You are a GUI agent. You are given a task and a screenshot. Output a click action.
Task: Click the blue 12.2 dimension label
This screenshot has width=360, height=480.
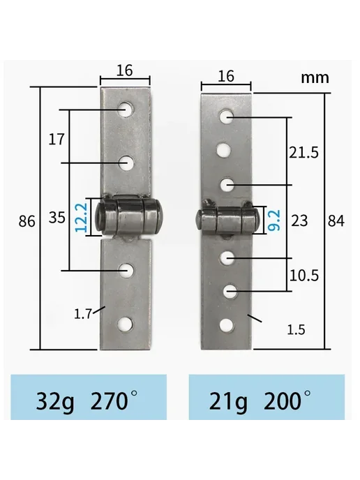coord(82,218)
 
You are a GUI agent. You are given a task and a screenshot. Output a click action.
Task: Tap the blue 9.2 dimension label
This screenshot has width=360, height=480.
coord(273,220)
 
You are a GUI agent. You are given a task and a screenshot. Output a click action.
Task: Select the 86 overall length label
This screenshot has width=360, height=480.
coord(27,221)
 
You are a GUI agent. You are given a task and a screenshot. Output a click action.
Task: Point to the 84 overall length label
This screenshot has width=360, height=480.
coord(336,220)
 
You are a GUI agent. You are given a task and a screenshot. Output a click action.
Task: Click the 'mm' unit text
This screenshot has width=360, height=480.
coord(315,77)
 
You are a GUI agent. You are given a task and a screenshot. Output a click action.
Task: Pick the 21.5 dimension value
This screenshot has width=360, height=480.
coord(304,152)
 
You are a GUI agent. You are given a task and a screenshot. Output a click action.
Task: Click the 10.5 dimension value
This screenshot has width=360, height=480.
coord(304,276)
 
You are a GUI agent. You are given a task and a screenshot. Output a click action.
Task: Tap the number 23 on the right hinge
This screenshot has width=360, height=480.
coord(299,220)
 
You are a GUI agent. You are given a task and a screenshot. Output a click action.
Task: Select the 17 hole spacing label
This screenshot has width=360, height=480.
coord(57,140)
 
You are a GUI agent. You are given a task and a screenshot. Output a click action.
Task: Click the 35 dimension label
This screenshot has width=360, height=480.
coord(57,218)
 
